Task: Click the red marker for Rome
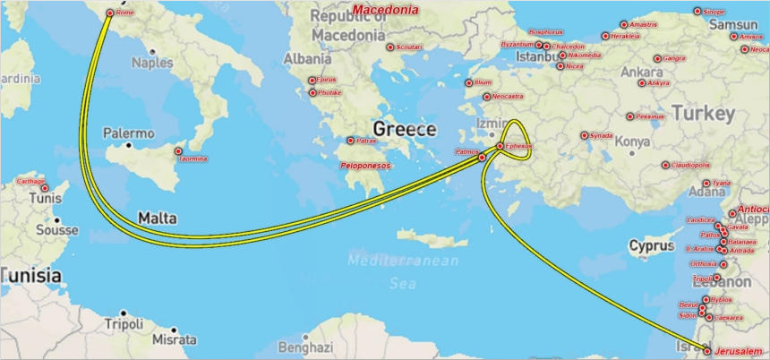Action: [x=110, y=13]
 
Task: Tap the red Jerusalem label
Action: [x=739, y=351]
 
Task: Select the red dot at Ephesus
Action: [x=500, y=146]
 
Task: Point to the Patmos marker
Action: [x=482, y=158]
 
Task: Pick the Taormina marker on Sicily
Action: [x=178, y=151]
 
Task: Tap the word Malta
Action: [x=157, y=218]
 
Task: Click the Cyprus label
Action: [x=651, y=245]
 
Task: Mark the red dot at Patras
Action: [x=351, y=141]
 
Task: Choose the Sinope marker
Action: [x=697, y=12]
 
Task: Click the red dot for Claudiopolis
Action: [x=665, y=165]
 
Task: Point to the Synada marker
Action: [x=584, y=136]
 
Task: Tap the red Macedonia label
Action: [x=386, y=10]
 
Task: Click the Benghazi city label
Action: [x=304, y=347]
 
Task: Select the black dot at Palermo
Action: [x=130, y=145]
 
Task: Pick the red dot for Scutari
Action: [x=389, y=47]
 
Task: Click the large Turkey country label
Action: [x=703, y=114]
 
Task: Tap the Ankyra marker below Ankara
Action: [x=641, y=83]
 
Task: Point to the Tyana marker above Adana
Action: [x=706, y=184]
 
